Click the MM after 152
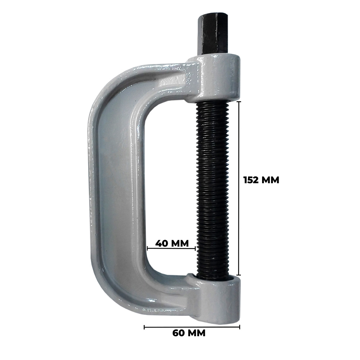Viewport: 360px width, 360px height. pos(270,180)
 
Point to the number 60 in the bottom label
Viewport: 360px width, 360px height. pos(178,333)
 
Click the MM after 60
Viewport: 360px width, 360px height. pos(196,333)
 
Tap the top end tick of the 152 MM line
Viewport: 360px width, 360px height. pos(239,101)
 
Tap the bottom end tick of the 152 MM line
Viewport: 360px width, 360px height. pos(239,275)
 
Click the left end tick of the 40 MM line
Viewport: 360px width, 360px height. pos(147,248)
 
